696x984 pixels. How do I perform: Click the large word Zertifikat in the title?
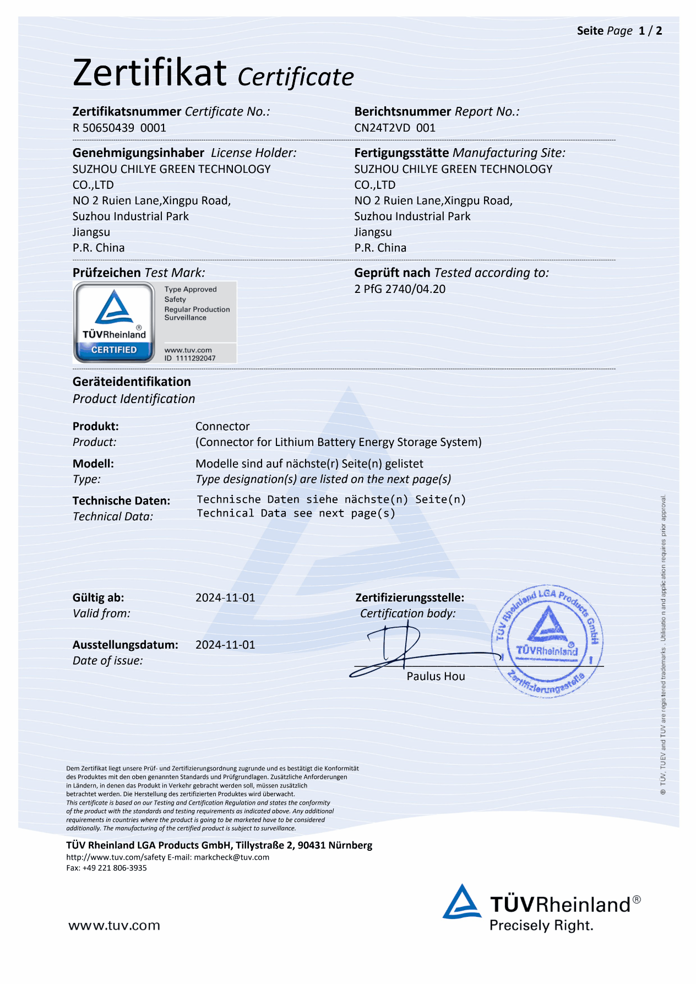point(150,73)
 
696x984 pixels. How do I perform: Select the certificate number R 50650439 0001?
point(119,128)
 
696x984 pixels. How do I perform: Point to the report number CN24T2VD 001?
point(395,128)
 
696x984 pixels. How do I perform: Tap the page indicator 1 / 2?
point(650,31)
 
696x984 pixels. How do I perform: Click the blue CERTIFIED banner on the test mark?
point(114,350)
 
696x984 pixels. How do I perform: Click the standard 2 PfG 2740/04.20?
point(400,289)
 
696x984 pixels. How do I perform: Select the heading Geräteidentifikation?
point(132,382)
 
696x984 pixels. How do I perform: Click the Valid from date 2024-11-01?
point(225,597)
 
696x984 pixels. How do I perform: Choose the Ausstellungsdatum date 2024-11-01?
point(225,645)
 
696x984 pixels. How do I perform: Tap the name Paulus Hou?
point(436,676)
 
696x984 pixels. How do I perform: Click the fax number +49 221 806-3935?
point(115,868)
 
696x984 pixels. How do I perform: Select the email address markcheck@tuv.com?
point(231,857)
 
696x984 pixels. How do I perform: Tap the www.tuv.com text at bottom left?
point(114,926)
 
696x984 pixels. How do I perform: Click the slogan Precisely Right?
point(541,926)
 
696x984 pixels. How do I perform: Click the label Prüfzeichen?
point(107,273)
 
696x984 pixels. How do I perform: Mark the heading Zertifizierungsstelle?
point(410,597)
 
